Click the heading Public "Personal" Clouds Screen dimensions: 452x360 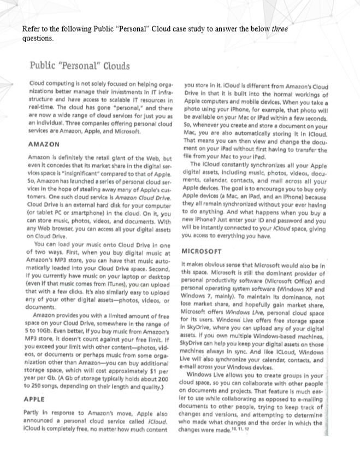[x=80, y=66]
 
